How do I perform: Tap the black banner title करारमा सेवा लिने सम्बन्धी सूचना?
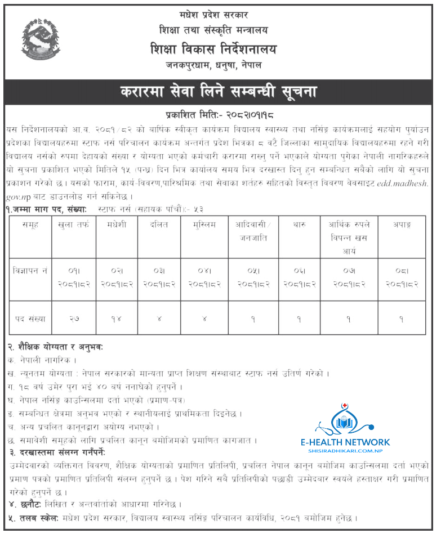220,91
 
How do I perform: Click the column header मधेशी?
116,224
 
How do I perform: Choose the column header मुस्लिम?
201,224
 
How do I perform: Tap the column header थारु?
299,224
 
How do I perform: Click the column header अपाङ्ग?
402,224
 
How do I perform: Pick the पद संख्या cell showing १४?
116,319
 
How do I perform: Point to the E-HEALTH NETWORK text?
353,442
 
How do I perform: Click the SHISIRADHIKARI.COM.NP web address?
353,452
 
